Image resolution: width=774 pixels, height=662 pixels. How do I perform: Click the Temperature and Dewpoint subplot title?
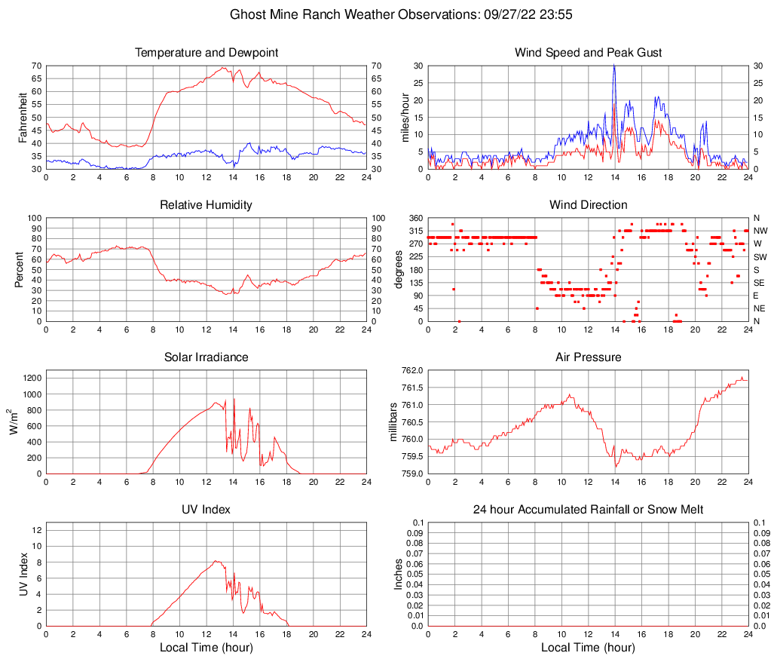pyautogui.click(x=207, y=52)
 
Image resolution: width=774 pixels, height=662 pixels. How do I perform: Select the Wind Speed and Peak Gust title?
pyautogui.click(x=588, y=52)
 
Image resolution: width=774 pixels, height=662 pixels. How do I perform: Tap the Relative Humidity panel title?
pyautogui.click(x=207, y=204)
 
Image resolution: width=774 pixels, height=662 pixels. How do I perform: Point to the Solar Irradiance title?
pyautogui.click(x=207, y=357)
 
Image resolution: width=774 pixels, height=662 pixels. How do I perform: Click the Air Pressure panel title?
pyautogui.click(x=588, y=357)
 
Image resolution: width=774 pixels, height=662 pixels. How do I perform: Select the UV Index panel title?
pyautogui.click(x=207, y=509)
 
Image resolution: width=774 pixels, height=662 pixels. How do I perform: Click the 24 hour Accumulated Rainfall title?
pyautogui.click(x=588, y=510)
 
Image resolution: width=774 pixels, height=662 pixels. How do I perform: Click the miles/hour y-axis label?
pyautogui.click(x=405, y=117)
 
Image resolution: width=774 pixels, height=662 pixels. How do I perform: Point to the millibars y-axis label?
pyautogui.click(x=393, y=421)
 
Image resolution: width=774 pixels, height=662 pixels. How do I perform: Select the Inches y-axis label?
pyautogui.click(x=399, y=574)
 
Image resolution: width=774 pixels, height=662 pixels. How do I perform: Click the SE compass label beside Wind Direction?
pyautogui.click(x=760, y=283)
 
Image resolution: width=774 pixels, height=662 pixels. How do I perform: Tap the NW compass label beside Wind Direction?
pyautogui.click(x=761, y=231)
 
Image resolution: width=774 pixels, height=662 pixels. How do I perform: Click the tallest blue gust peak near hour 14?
pyautogui.click(x=614, y=65)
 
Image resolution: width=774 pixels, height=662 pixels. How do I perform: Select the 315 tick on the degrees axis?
pyautogui.click(x=414, y=231)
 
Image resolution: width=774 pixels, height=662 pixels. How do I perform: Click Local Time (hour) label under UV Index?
pyautogui.click(x=207, y=647)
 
